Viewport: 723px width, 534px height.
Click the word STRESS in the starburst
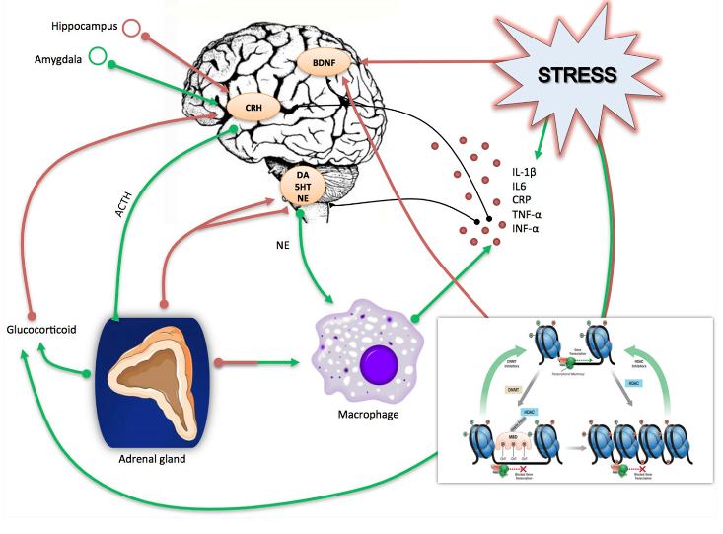[x=577, y=75]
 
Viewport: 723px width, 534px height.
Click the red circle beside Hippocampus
[x=131, y=27]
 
